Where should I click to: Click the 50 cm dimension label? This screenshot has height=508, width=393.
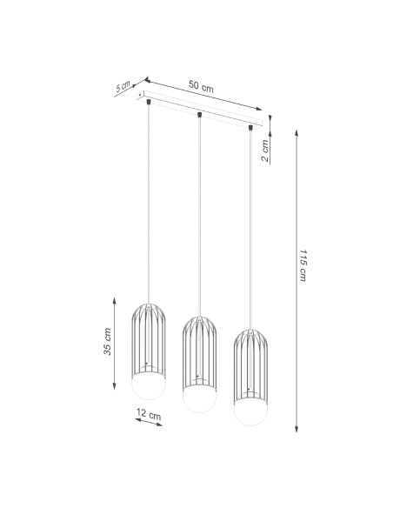click(x=202, y=87)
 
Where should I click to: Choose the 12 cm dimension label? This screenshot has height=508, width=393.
click(x=150, y=417)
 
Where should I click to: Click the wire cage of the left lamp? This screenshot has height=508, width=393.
click(x=149, y=339)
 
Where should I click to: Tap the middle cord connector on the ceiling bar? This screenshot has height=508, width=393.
click(x=200, y=115)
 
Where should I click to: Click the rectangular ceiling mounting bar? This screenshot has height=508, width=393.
click(x=204, y=109)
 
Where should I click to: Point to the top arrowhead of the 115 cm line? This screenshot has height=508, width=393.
click(x=298, y=133)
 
